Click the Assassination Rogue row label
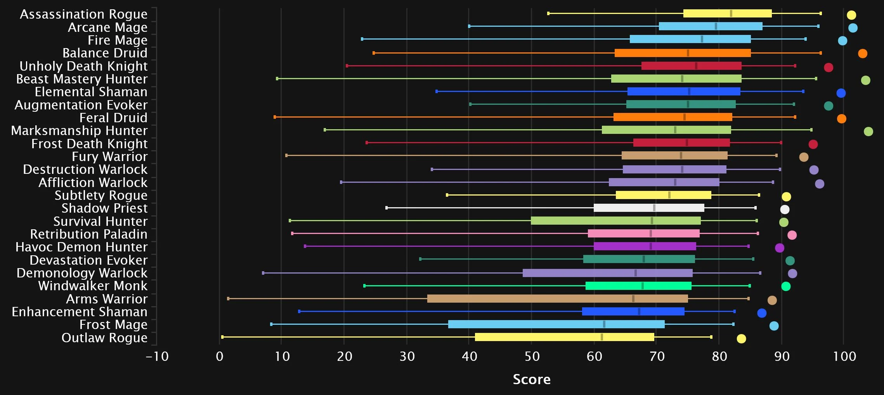pyautogui.click(x=83, y=14)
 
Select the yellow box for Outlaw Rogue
pyautogui.click(x=564, y=337)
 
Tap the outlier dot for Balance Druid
pyautogui.click(x=862, y=54)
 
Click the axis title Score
pyautogui.click(x=532, y=379)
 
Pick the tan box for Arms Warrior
pyautogui.click(x=557, y=298)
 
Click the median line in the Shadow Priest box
pyautogui.click(x=654, y=208)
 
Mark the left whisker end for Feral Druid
pyautogui.click(x=275, y=117)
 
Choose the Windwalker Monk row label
pyautogui.click(x=93, y=286)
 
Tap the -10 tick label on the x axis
pyautogui.click(x=157, y=356)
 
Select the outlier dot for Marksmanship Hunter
pyautogui.click(x=868, y=132)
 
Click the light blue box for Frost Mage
pyautogui.click(x=556, y=324)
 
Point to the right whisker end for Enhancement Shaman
pyautogui.click(x=734, y=311)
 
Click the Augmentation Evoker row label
pyautogui.click(x=81, y=105)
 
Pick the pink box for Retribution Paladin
pyautogui.click(x=643, y=233)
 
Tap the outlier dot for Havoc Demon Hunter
pyautogui.click(x=779, y=248)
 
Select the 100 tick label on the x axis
pyautogui.click(x=844, y=356)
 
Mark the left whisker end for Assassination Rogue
pyautogui.click(x=548, y=14)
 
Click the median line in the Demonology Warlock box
pyautogui.click(x=635, y=273)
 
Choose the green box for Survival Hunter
pyautogui.click(x=615, y=220)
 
